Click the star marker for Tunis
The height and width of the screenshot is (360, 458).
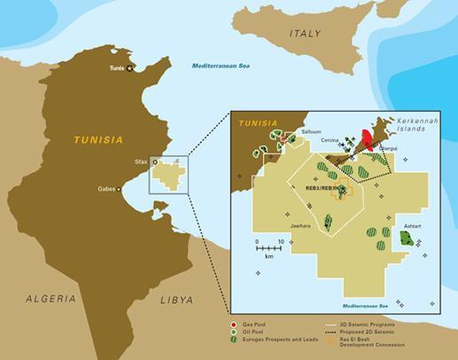coord(130,67)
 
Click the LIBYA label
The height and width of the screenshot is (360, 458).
coord(175,300)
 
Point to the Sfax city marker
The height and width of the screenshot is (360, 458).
coord(155,162)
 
